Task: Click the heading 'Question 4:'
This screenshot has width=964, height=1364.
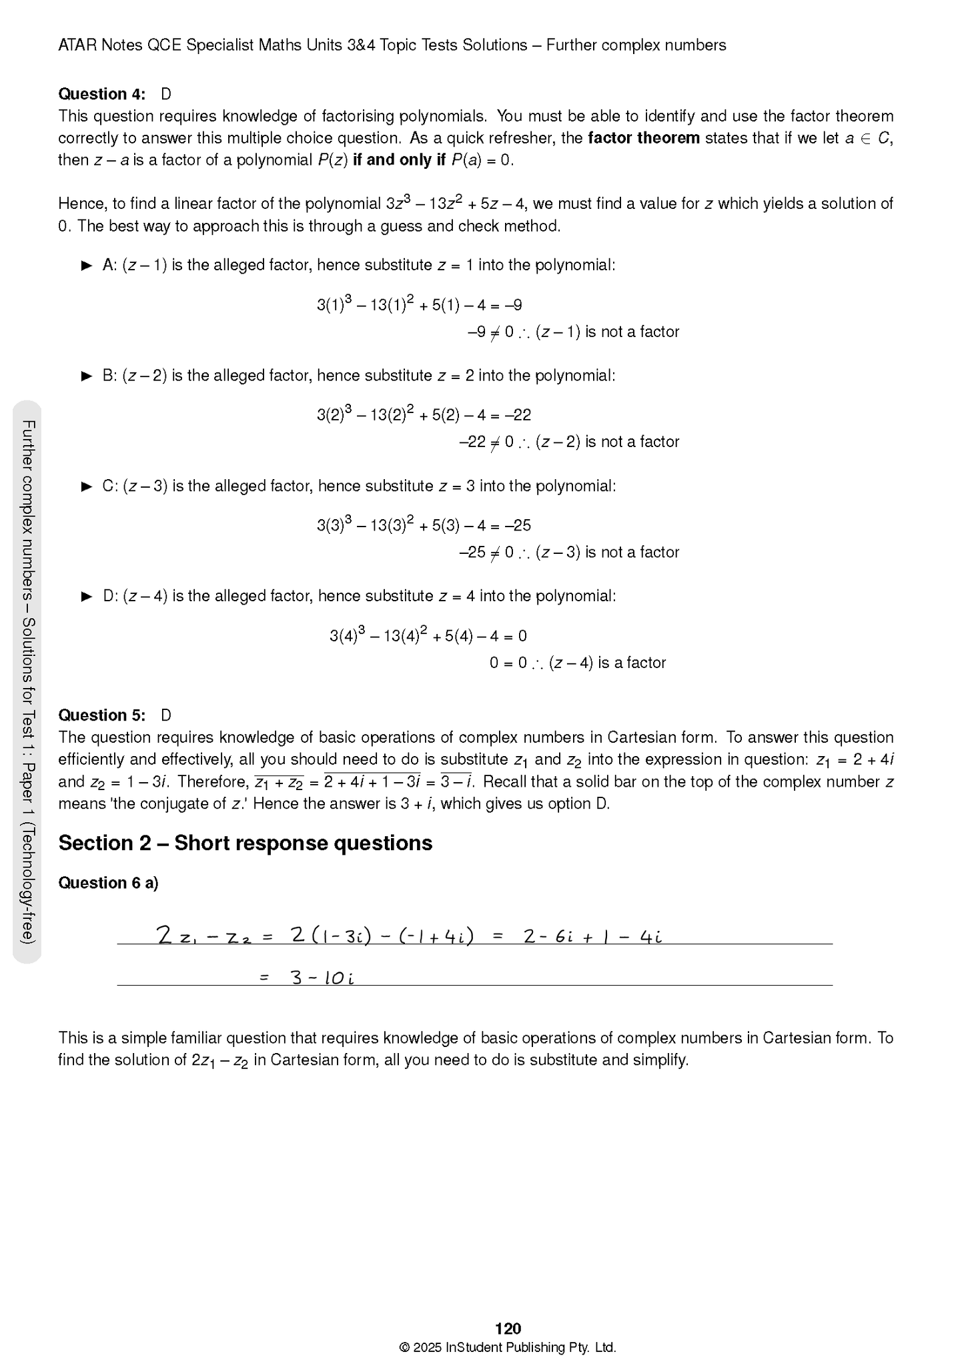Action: pyautogui.click(x=101, y=94)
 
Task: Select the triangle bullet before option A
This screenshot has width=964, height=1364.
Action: pyautogui.click(x=87, y=266)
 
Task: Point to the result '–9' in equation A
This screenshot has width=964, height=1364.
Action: pyautogui.click(x=513, y=306)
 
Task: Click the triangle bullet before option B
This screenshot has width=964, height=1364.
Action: pyautogui.click(x=87, y=376)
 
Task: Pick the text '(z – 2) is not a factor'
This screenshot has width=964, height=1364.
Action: pyautogui.click(x=607, y=442)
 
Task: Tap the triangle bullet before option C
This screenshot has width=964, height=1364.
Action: pyautogui.click(x=87, y=486)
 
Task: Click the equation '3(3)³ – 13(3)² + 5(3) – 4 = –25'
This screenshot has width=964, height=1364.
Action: pyautogui.click(x=424, y=525)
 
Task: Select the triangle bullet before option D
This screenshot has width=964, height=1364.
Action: pyautogui.click(x=87, y=597)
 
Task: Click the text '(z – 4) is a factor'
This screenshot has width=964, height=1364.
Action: pyautogui.click(x=607, y=663)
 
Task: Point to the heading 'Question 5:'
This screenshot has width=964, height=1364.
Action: pyautogui.click(x=101, y=715)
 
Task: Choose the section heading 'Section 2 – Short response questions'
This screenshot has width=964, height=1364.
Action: pyautogui.click(x=245, y=843)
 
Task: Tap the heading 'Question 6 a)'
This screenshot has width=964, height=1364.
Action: pyautogui.click(x=108, y=883)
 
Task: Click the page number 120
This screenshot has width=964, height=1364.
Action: pyautogui.click(x=508, y=1328)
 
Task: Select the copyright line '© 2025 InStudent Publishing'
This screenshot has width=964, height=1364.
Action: pyautogui.click(x=507, y=1347)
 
